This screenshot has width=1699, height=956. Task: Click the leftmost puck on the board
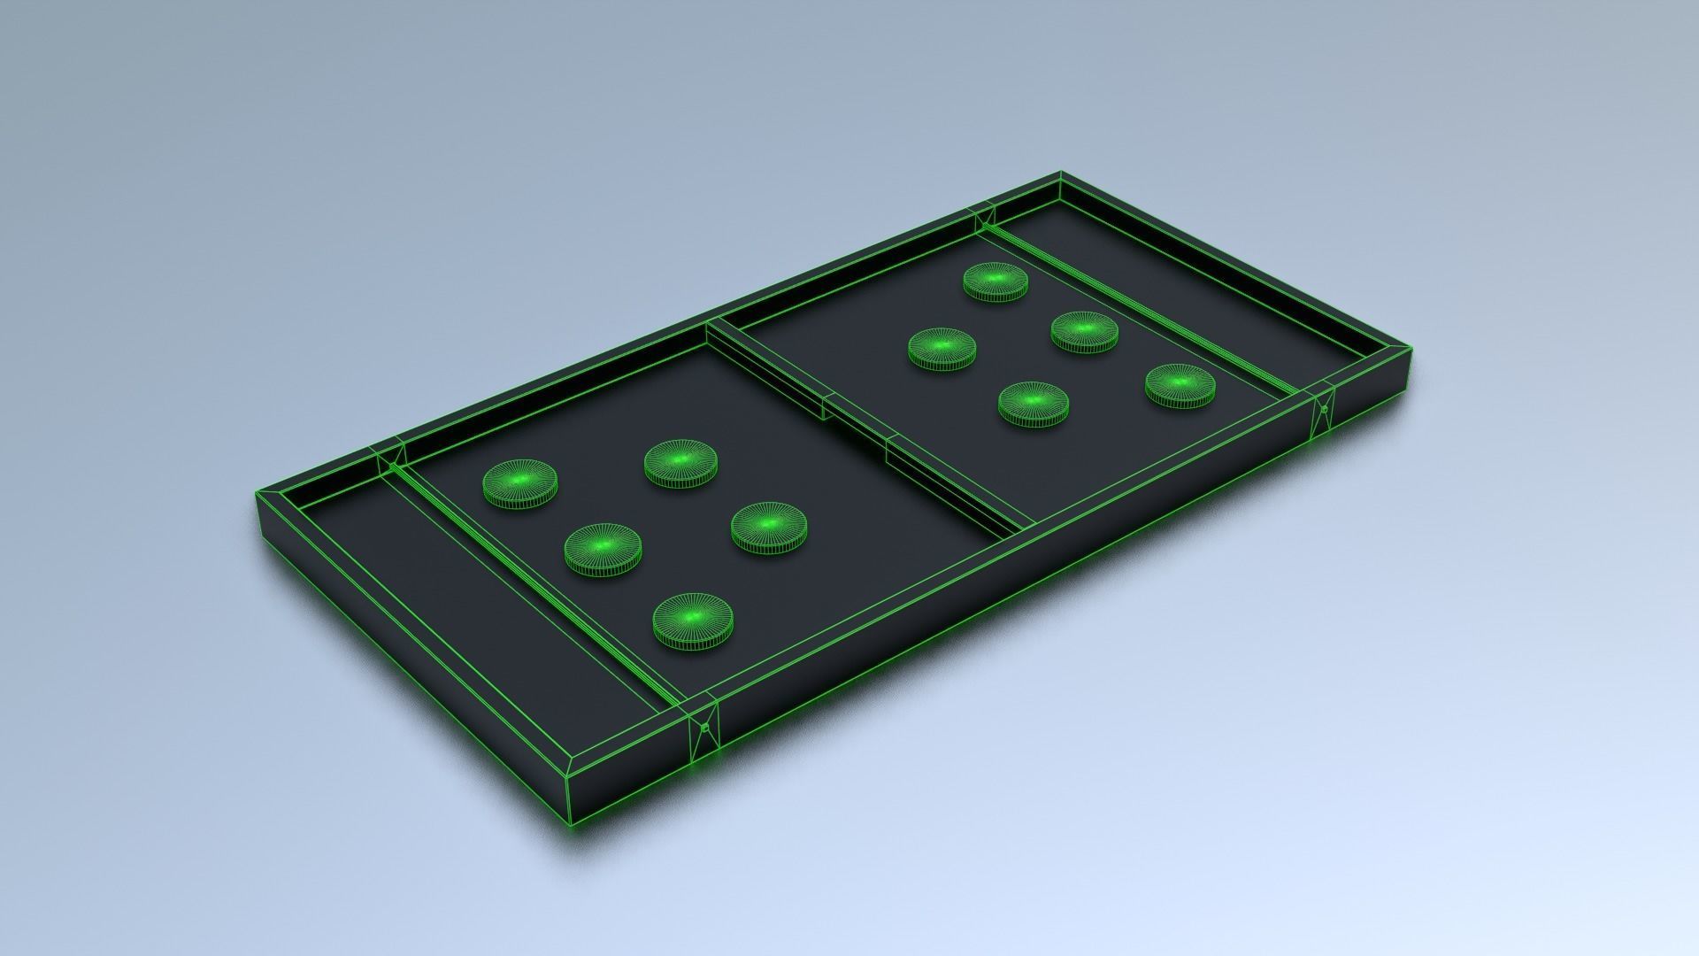520,483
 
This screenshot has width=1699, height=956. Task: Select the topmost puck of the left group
680,463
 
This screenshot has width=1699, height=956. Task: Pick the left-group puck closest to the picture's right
769,528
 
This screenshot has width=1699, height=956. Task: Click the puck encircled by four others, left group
603,548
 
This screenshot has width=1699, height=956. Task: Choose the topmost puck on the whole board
996,281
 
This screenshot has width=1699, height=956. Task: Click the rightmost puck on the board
1180,386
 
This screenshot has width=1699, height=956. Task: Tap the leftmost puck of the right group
942,348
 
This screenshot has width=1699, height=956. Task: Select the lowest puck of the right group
1034,404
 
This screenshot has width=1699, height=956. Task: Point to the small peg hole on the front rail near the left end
704,728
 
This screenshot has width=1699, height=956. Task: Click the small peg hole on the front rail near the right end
1324,409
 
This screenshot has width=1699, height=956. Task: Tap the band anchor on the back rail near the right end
982,215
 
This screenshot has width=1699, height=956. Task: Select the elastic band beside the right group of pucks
1142,305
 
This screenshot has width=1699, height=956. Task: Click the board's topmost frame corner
1060,173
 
